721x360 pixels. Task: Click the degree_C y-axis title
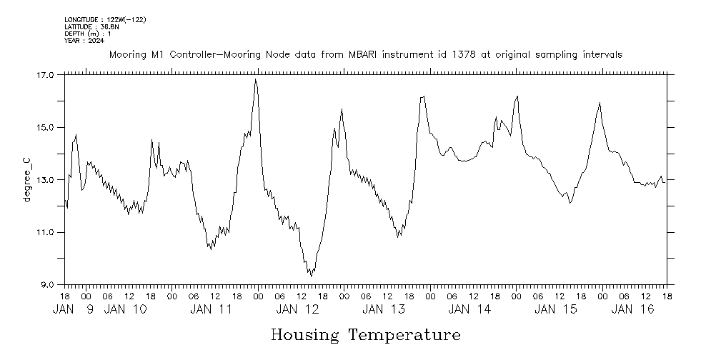pos(28,179)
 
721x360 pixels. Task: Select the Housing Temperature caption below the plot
pos(365,334)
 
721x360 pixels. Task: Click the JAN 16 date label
pos(633,309)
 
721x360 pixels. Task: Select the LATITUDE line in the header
pos(91,26)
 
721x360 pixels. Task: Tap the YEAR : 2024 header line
pos(84,41)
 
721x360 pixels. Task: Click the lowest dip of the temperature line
pos(311,276)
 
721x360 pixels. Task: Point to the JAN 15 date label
pos(556,309)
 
